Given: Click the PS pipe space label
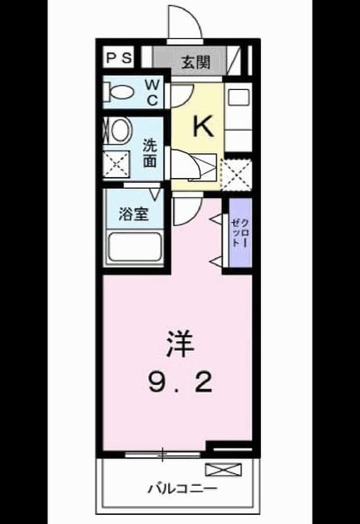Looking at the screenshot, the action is point(119,58).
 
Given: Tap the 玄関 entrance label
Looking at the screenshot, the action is point(196,62).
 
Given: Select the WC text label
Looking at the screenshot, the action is point(152,92).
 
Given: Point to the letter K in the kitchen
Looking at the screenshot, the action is point(203,126).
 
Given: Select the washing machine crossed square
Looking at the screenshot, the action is point(116,164).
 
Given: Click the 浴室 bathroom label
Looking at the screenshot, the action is point(134,214).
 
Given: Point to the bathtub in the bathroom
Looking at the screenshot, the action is point(135,247).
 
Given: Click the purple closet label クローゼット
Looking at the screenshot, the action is point(240,232).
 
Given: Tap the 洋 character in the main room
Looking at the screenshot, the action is point(180,344).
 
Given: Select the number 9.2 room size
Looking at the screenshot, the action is point(180,383).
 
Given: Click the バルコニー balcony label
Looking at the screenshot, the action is point(182,490).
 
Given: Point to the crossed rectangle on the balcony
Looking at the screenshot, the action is point(223,470).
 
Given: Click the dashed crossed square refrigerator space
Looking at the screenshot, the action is point(237,175).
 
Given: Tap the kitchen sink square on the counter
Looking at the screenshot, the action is point(238,97).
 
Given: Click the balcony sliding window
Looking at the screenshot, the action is point(163,454).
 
